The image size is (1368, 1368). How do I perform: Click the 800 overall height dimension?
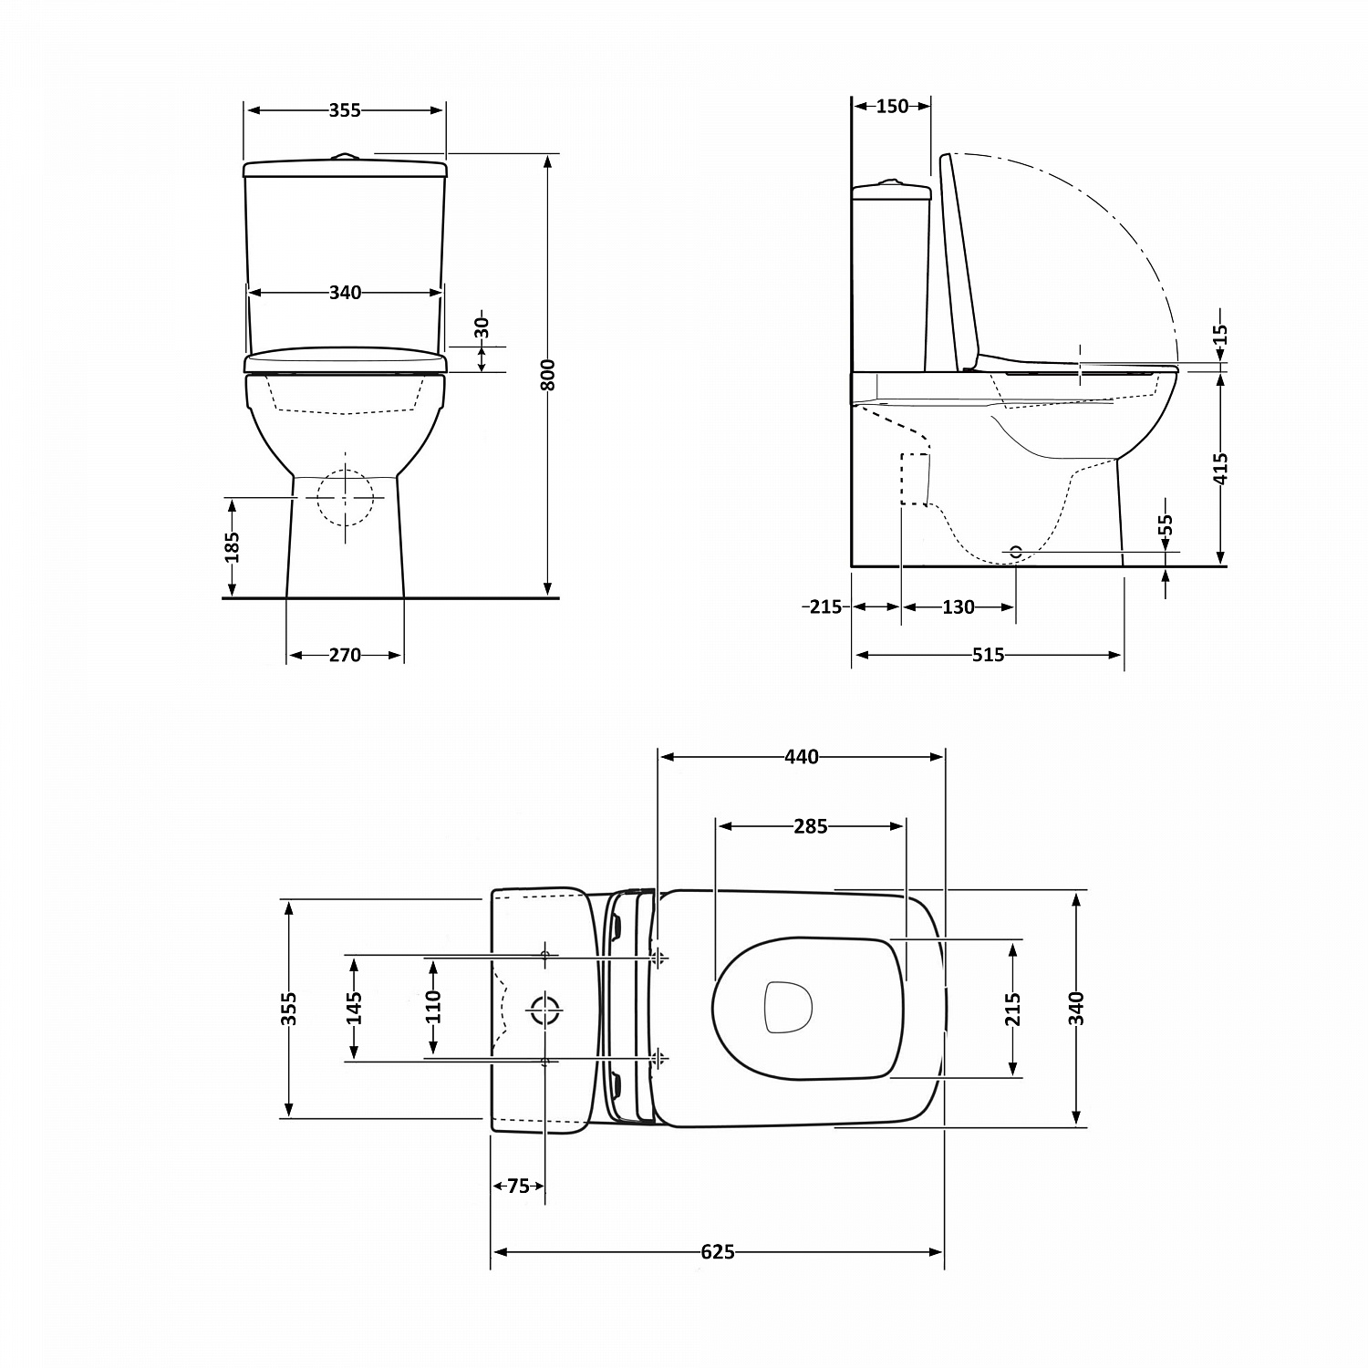[x=548, y=374]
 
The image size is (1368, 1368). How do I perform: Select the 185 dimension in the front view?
[x=233, y=546]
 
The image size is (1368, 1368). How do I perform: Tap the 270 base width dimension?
[x=345, y=655]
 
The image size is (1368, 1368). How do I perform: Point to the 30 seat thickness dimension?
[x=482, y=326]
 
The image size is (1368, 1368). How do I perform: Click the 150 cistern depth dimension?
[x=892, y=106]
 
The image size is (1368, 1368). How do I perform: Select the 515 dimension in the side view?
[x=988, y=655]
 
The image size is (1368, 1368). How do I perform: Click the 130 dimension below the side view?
[x=958, y=606]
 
